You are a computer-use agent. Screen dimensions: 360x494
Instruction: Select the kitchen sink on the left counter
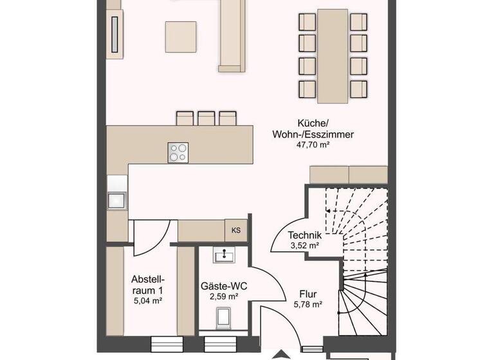click(117, 199)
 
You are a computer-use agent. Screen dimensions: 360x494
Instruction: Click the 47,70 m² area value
click(313, 146)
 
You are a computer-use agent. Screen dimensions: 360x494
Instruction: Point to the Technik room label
click(304, 235)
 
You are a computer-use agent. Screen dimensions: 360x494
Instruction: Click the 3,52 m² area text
click(304, 245)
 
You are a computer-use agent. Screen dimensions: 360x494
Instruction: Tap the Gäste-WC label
click(224, 285)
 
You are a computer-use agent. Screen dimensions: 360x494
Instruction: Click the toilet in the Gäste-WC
click(224, 318)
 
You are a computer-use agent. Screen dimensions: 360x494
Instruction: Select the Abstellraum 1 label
click(149, 284)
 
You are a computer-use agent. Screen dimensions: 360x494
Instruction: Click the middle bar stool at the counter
click(206, 118)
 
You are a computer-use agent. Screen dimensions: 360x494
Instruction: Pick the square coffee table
click(181, 37)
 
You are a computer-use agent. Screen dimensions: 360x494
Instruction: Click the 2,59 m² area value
click(224, 296)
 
